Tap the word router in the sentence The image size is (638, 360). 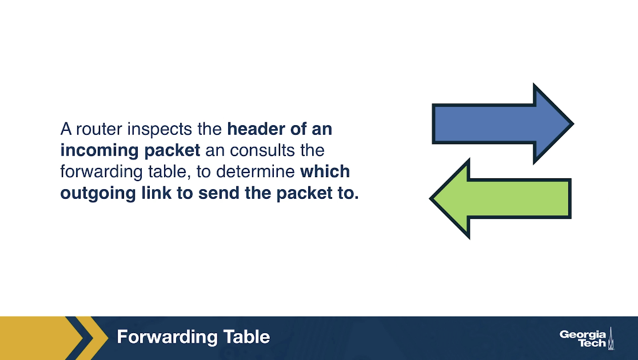[x=99, y=129]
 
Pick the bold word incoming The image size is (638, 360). [x=99, y=151]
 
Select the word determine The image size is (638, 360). [x=255, y=171]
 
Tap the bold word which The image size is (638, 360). [x=325, y=171]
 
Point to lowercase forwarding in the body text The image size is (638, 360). [x=101, y=172]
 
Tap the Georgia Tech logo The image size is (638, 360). [x=587, y=338]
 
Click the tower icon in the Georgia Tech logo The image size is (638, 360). [x=611, y=338]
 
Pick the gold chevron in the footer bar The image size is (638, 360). [x=91, y=338]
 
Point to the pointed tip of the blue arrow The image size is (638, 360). [x=574, y=123]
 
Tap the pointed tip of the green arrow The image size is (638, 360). [x=430, y=198]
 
